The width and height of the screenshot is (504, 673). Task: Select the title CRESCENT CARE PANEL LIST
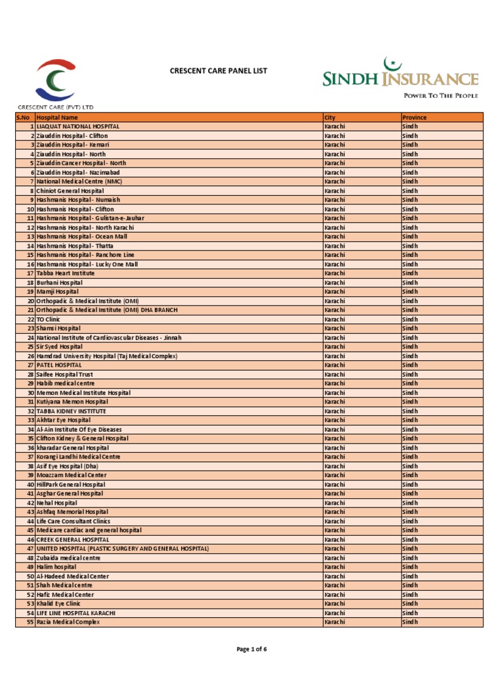point(219,70)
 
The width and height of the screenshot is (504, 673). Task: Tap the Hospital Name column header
point(57,117)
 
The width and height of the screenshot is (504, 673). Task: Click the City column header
point(330,117)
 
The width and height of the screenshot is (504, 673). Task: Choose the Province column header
point(414,117)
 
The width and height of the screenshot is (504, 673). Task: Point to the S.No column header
point(24,117)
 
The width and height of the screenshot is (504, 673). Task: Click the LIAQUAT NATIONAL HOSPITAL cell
point(78,126)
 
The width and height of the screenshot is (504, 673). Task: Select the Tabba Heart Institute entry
point(66,273)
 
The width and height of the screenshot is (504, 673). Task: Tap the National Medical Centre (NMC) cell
point(79,181)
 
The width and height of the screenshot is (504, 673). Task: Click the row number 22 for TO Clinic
point(30,319)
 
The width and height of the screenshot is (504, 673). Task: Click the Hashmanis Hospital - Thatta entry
point(75,245)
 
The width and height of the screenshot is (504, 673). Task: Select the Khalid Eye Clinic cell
point(58,603)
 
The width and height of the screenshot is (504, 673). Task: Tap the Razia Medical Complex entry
point(68,622)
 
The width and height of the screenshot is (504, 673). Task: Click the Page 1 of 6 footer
point(251,649)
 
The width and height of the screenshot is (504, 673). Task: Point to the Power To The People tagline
point(440,95)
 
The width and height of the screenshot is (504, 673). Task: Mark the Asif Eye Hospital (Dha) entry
point(68,465)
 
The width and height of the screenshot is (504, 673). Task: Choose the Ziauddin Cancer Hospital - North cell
point(81,163)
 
